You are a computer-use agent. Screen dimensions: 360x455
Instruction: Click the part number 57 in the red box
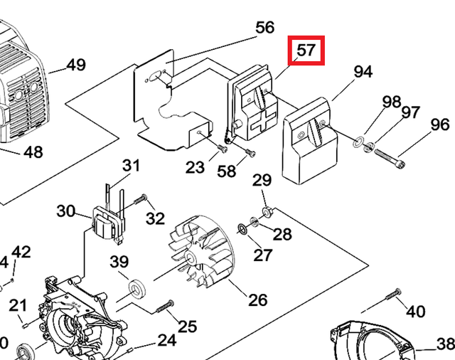pyautogui.click(x=306, y=51)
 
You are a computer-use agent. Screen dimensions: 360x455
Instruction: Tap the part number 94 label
pyautogui.click(x=363, y=73)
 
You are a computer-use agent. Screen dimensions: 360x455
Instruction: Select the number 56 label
pyautogui.click(x=264, y=28)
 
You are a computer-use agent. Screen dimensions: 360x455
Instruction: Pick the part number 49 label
pyautogui.click(x=76, y=65)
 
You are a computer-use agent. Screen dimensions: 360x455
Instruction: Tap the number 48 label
pyautogui.click(x=33, y=152)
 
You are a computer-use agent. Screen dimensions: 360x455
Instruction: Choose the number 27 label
pyautogui.click(x=263, y=255)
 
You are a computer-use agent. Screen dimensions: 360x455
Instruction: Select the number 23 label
pyautogui.click(x=195, y=167)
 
